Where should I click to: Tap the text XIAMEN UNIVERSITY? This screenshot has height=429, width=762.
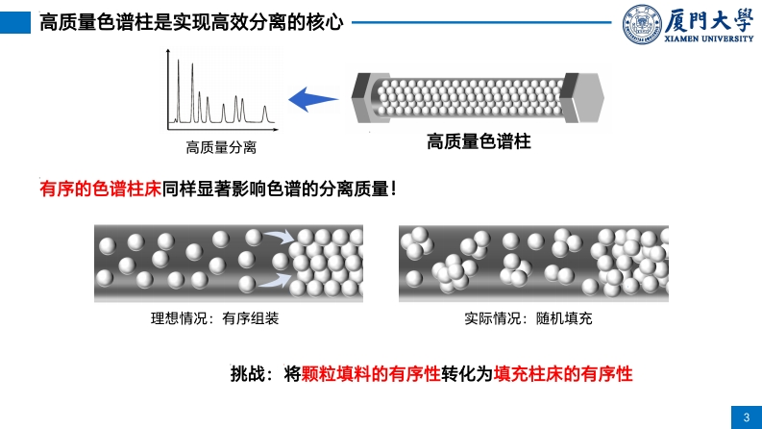coord(709,39)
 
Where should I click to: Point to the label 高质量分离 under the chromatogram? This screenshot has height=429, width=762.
coord(221,148)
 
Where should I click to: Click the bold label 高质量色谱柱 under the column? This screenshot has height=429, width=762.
coord(479,141)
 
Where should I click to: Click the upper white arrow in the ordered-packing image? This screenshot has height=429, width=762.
coord(279,238)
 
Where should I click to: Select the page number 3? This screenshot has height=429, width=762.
coord(746,416)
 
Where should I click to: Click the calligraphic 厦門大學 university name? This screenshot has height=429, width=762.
coord(709,18)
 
